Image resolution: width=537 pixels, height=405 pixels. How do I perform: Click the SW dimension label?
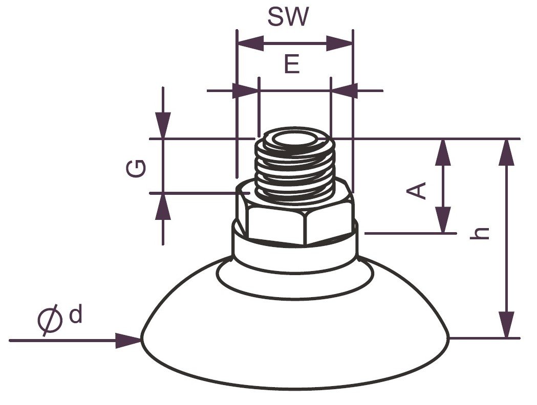tap(288, 16)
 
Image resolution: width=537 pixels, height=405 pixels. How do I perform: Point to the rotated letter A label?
tap(416, 191)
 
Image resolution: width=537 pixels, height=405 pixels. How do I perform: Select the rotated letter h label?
tap(480, 233)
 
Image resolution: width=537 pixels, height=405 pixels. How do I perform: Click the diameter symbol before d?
tap(50, 320)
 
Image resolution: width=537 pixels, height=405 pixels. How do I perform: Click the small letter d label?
tap(76, 315)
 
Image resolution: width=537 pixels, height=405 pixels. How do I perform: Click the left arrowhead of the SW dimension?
tap(251, 43)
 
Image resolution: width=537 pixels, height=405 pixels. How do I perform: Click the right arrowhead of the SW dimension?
tap(339, 43)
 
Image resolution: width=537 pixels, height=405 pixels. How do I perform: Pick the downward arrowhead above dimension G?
tap(163, 125)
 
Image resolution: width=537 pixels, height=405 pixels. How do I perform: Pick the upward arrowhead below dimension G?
tap(163, 207)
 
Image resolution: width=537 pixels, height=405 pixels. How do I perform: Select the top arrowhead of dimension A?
tap(443, 152)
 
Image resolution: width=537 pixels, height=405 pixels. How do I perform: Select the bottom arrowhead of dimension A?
tap(443, 220)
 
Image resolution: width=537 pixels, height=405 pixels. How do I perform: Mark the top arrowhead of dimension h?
tap(507, 152)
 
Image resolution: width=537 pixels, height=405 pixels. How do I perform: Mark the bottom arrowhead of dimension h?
tap(507, 325)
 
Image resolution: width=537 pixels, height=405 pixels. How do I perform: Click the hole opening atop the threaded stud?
tap(295, 140)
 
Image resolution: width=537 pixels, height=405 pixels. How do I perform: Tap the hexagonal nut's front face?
tap(276, 226)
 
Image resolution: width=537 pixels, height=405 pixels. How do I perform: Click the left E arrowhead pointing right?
tap(245, 91)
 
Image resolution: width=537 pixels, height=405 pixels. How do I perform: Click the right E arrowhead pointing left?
tap(345, 91)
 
